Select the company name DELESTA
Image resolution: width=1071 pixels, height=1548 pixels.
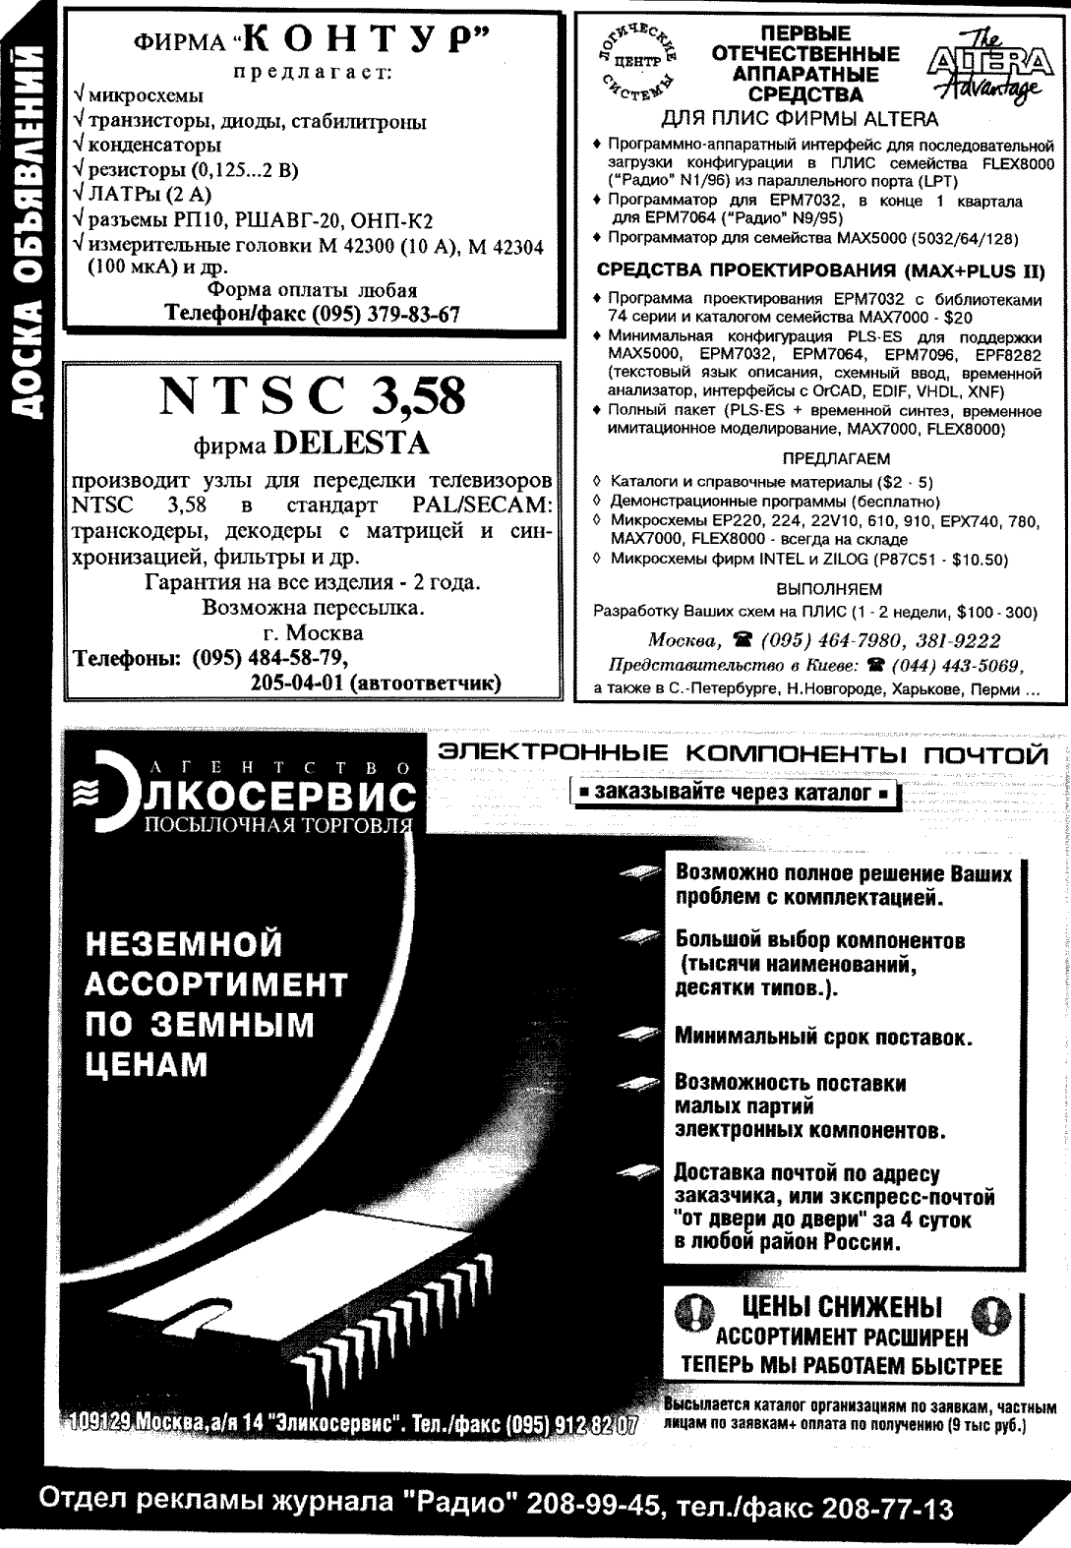(x=353, y=444)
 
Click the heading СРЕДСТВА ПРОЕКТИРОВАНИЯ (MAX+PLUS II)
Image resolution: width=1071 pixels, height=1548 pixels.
(x=821, y=270)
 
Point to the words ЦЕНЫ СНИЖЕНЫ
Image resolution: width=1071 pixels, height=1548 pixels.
(x=842, y=1307)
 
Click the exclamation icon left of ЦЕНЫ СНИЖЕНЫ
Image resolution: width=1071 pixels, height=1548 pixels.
(x=693, y=1311)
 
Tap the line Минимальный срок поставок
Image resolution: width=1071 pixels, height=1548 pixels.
(x=824, y=1037)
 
